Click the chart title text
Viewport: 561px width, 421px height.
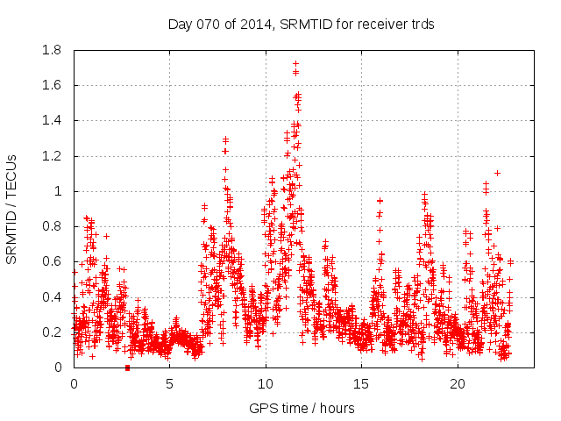301,24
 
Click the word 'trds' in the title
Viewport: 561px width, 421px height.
421,24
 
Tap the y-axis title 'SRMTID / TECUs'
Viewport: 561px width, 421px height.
12,209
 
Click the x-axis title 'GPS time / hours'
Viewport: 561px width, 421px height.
302,408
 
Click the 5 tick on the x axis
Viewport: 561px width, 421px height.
169,384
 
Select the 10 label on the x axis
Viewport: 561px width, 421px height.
266,384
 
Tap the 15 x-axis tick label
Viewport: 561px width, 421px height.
361,384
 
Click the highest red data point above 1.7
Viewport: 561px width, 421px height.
295,63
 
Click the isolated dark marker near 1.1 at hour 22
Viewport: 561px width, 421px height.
497,173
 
